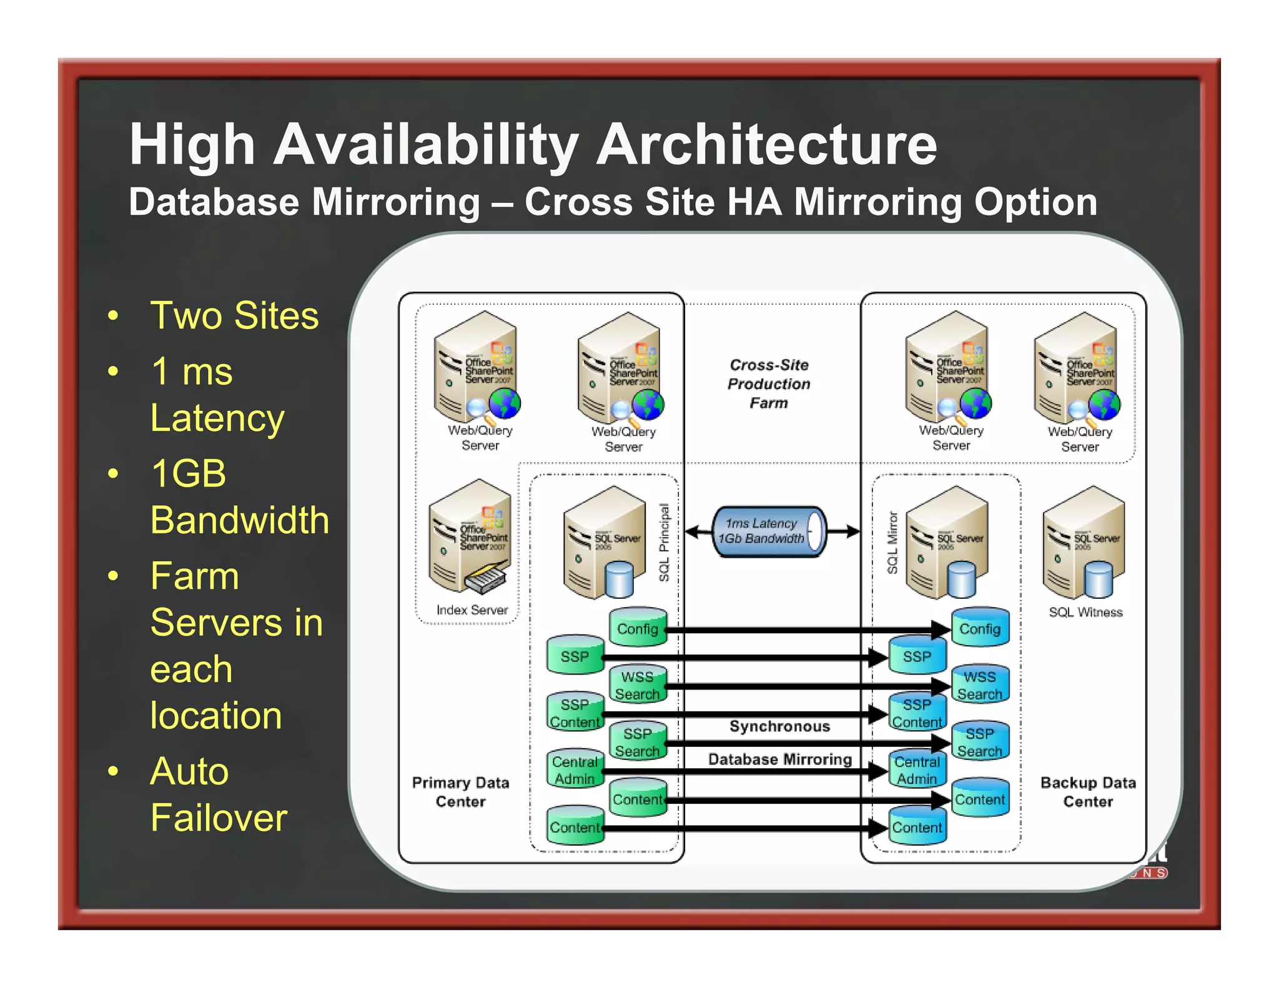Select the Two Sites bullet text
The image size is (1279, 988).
point(234,315)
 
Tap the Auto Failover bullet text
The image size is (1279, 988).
point(219,794)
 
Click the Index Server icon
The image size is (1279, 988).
point(470,537)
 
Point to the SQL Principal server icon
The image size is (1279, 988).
point(604,542)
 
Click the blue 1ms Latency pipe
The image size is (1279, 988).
point(768,531)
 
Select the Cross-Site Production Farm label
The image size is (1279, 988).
point(769,383)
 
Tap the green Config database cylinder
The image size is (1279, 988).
point(638,628)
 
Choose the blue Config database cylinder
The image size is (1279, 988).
point(980,628)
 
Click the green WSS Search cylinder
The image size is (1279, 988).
point(637,685)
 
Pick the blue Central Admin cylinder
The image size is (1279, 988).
point(917,770)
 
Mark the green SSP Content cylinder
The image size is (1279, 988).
point(575,713)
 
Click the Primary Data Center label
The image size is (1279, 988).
point(461,792)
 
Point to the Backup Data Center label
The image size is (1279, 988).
point(1088,792)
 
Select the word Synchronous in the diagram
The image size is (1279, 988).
point(780,726)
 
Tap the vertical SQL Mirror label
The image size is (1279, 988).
point(892,542)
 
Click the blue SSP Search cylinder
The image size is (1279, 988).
point(979,742)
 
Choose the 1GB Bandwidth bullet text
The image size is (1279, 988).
point(239,496)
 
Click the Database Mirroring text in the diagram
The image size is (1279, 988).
point(780,759)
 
